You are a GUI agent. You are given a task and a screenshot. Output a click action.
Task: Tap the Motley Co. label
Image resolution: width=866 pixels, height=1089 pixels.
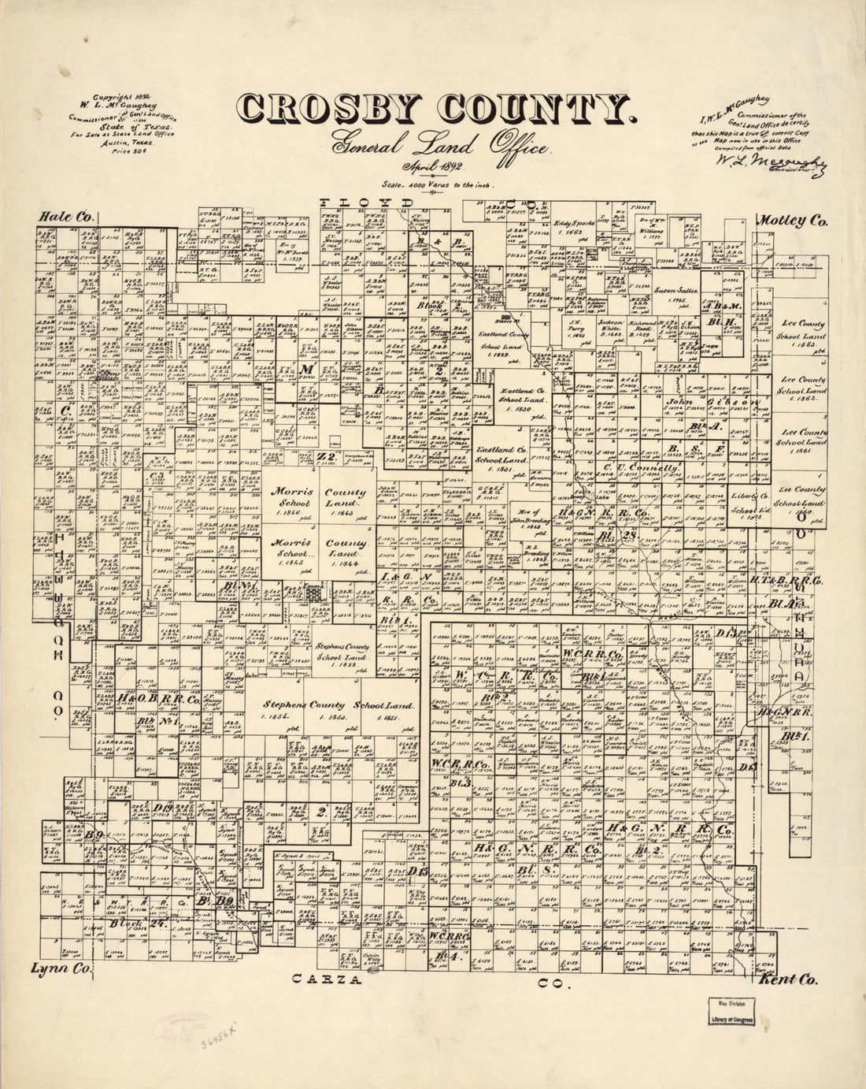pos(793,221)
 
